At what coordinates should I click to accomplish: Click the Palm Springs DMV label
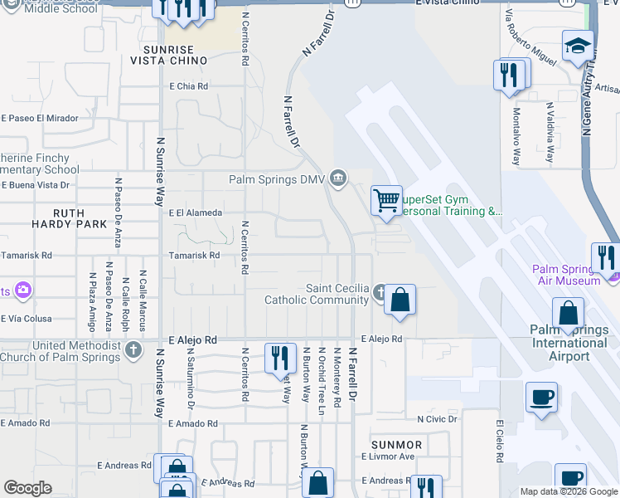(278, 179)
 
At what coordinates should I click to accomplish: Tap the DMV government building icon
(338, 178)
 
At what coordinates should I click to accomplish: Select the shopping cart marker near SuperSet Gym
(386, 201)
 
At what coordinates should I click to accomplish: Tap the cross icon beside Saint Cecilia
(380, 292)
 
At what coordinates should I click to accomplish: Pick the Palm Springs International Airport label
(569, 343)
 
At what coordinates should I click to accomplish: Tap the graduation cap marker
(578, 46)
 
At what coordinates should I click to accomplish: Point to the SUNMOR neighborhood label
(397, 445)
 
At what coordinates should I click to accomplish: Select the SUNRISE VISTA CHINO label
(169, 55)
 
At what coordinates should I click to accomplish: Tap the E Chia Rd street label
(188, 86)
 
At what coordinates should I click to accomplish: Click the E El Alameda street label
(196, 213)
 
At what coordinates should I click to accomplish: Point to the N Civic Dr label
(438, 419)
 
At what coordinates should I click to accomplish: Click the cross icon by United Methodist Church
(134, 350)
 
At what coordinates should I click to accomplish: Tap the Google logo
(28, 488)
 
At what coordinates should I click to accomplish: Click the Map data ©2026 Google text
(568, 491)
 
